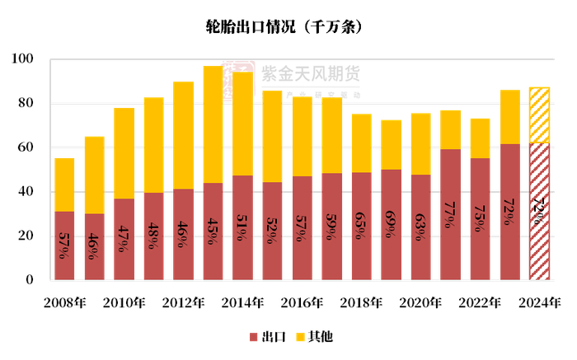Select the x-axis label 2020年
(x=420, y=302)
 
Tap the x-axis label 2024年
(x=539, y=302)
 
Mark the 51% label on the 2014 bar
(x=242, y=224)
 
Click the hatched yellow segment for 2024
(x=539, y=115)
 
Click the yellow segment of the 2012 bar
(x=183, y=135)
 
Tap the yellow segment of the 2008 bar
(x=64, y=185)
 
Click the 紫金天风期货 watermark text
(x=310, y=73)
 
